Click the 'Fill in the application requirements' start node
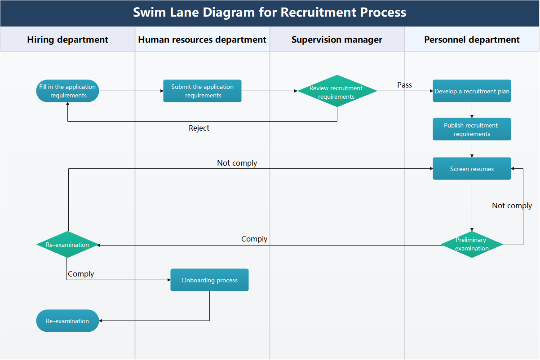tap(67, 91)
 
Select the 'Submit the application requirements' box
tap(202, 91)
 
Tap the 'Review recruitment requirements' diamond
tap(337, 91)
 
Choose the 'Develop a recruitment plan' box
tap(472, 91)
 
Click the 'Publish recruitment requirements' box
tap(472, 129)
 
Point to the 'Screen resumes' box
tap(472, 169)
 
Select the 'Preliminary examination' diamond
tap(472, 245)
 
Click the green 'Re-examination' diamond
tap(67, 245)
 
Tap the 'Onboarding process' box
tap(209, 280)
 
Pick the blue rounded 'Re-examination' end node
tap(67, 321)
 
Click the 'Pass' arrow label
tap(404, 85)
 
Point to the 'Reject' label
tap(199, 128)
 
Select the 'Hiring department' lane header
tap(67, 40)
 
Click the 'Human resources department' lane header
tap(202, 40)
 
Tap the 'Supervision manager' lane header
tap(337, 40)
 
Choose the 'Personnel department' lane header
tap(472, 40)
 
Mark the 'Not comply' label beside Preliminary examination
tap(512, 206)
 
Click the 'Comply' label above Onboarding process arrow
tap(81, 274)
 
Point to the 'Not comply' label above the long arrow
tap(237, 163)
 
